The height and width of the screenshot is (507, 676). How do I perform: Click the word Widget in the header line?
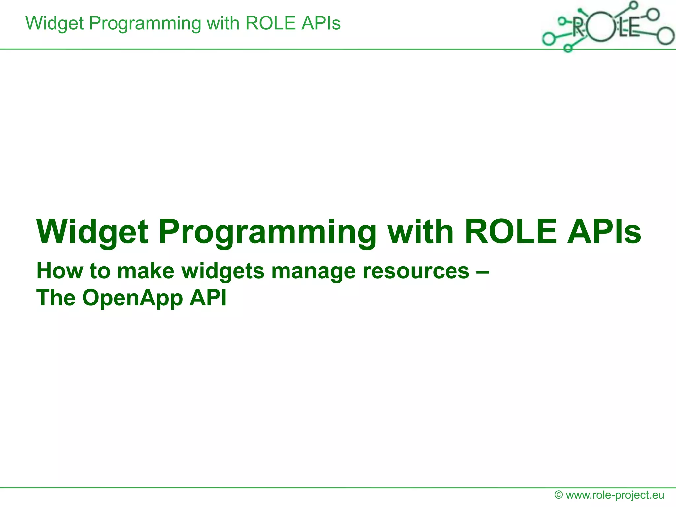(55, 24)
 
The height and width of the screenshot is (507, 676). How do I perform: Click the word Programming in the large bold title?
(267, 232)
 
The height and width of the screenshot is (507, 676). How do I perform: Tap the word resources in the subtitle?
(416, 271)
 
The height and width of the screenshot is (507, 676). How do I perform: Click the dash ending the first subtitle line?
(483, 272)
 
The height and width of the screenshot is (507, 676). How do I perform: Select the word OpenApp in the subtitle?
(132, 298)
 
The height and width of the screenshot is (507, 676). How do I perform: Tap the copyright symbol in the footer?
(558, 495)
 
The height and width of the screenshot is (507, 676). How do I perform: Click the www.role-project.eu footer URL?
(615, 495)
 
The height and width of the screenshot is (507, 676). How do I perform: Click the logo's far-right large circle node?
(665, 36)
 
